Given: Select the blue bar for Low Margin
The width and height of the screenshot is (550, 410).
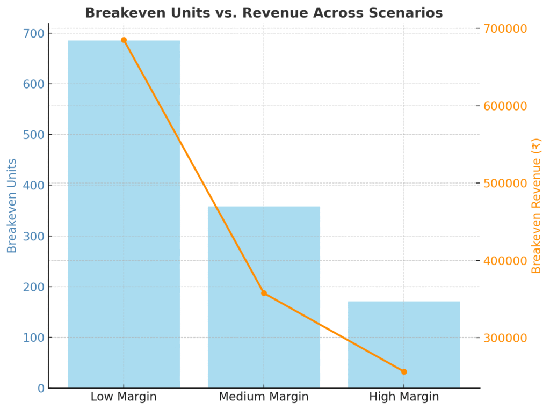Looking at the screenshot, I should click(x=124, y=215).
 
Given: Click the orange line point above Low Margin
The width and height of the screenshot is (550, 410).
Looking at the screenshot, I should click(x=124, y=40).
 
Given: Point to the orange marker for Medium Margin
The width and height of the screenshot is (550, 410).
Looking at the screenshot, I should click(x=264, y=293).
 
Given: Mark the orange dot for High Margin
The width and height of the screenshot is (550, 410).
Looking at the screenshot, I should click(x=404, y=371).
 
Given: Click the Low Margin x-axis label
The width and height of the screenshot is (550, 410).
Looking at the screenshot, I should click(x=124, y=397).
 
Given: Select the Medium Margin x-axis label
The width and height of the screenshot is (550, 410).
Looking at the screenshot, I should click(x=264, y=397).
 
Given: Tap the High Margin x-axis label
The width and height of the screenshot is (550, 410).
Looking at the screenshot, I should click(x=404, y=397).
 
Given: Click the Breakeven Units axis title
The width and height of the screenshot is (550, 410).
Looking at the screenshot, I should click(x=12, y=206).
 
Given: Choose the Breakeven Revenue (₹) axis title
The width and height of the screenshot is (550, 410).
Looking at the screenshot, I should click(x=536, y=206).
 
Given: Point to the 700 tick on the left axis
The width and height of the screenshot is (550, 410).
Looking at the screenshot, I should click(x=34, y=33).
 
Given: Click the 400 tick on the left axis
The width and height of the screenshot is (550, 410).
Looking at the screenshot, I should click(x=34, y=185).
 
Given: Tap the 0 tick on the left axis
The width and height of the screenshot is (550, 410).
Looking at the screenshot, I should click(x=41, y=388).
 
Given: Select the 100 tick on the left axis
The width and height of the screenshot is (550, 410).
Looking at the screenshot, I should click(x=34, y=338).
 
